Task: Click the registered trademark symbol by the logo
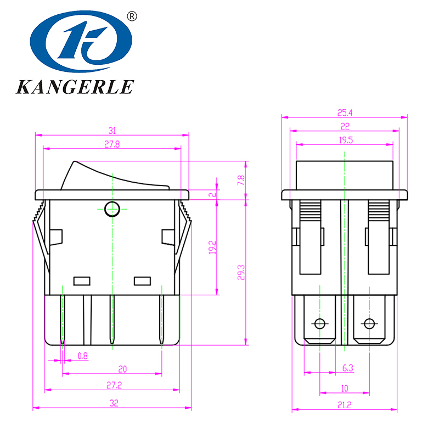click(x=132, y=16)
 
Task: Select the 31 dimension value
click(x=112, y=131)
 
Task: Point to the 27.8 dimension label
click(x=112, y=144)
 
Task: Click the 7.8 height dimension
click(x=241, y=180)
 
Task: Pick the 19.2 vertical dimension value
click(x=212, y=247)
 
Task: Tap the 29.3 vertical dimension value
click(x=241, y=272)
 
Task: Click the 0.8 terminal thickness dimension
click(x=82, y=356)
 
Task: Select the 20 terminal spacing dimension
click(x=122, y=369)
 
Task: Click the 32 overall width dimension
click(x=114, y=403)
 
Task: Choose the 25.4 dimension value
click(x=345, y=113)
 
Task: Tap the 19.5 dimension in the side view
click(x=345, y=140)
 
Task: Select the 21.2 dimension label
click(x=345, y=405)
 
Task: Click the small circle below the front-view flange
click(x=111, y=209)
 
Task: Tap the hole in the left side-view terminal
click(x=319, y=323)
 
